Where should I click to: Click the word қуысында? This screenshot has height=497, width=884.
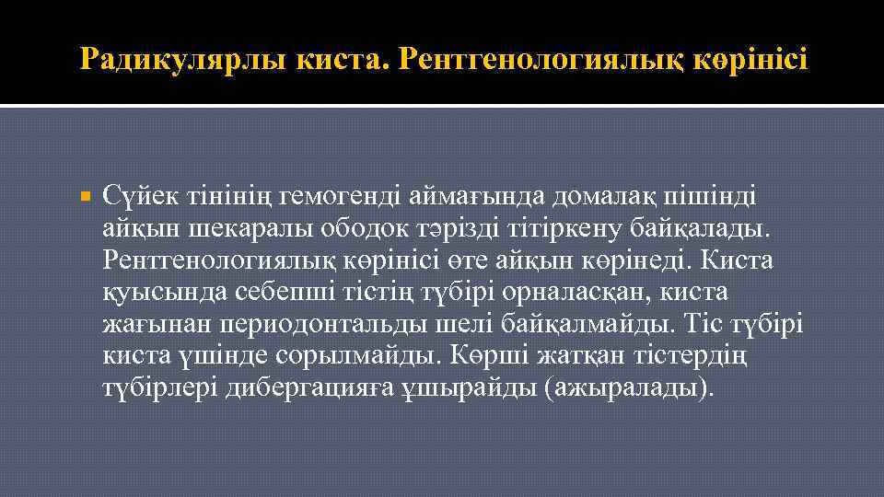pos(152,292)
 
